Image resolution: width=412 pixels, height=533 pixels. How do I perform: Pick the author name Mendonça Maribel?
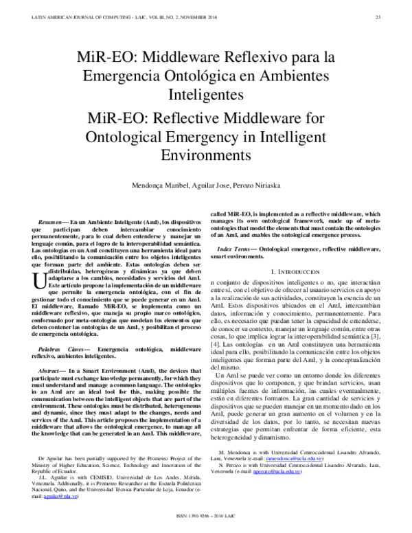point(159,187)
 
